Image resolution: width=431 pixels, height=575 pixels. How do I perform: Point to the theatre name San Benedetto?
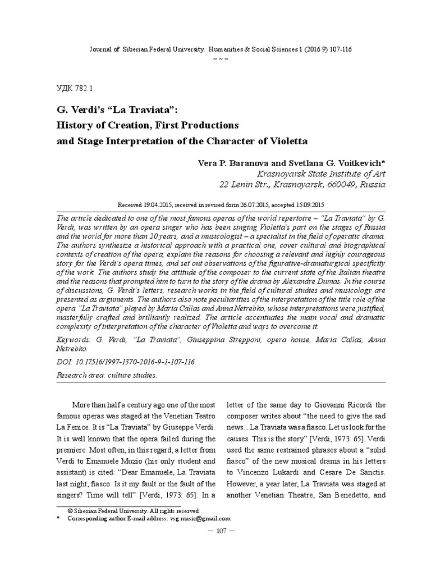point(344,496)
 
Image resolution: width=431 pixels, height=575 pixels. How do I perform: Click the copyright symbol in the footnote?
point(70,511)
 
